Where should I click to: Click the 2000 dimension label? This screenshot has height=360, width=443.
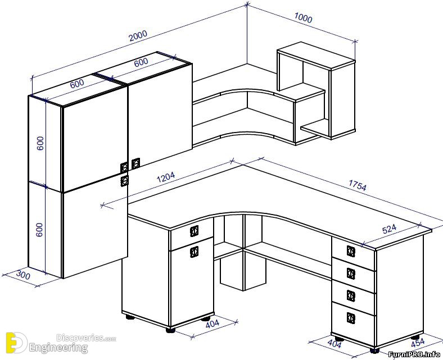[x=138, y=35]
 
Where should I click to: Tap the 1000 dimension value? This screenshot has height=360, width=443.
[x=303, y=18]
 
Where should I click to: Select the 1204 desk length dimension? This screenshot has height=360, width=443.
[x=166, y=177]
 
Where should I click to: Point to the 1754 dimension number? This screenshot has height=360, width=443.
[x=358, y=185]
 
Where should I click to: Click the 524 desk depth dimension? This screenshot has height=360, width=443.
[x=390, y=229]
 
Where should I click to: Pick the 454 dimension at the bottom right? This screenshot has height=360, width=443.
[x=418, y=343]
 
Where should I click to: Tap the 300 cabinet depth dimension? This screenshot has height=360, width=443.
[x=23, y=275]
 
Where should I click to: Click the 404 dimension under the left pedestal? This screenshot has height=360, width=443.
[x=212, y=324]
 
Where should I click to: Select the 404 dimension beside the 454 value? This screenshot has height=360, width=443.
[x=334, y=343]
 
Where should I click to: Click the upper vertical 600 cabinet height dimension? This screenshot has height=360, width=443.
[x=40, y=143]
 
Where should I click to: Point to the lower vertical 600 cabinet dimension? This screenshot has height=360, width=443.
[x=39, y=230]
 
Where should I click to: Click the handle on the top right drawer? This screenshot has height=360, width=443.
[x=351, y=251]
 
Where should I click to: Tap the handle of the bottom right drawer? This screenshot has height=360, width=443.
[x=351, y=318]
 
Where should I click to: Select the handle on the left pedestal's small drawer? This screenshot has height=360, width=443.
[x=194, y=231]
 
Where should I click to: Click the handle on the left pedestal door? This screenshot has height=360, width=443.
[x=194, y=252]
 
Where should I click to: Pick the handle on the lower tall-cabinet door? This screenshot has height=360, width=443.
[x=125, y=181]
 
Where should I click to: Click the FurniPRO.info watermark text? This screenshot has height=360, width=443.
[x=414, y=354]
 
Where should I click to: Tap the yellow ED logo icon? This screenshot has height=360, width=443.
[x=16, y=343]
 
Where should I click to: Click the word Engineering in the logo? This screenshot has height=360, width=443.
[x=58, y=348]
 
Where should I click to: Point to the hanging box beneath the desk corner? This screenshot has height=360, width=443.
[x=243, y=271]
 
